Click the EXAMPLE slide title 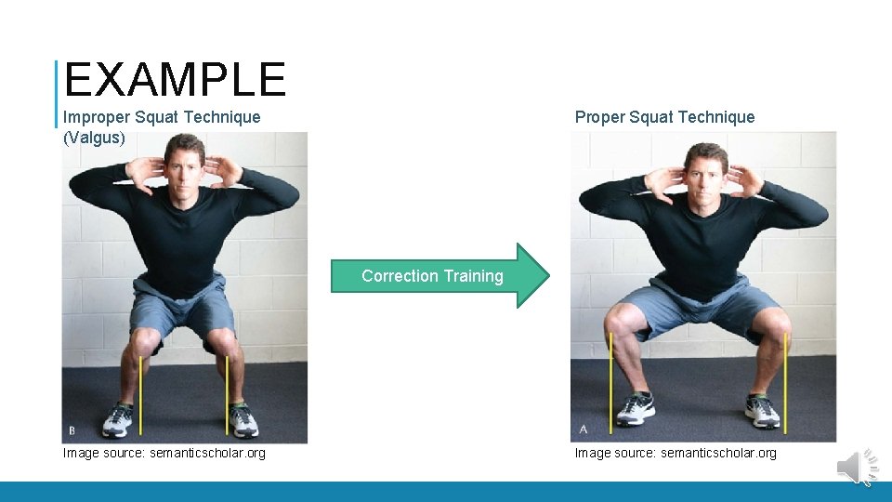tap(175, 80)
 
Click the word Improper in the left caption tap(96, 117)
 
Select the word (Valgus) tap(94, 139)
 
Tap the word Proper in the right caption tap(599, 117)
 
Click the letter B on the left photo tap(72, 430)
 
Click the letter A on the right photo tap(583, 429)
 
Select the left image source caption tap(164, 454)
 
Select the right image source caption tap(675, 454)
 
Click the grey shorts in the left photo tap(182, 307)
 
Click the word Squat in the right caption tap(650, 117)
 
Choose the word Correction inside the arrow tap(400, 276)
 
